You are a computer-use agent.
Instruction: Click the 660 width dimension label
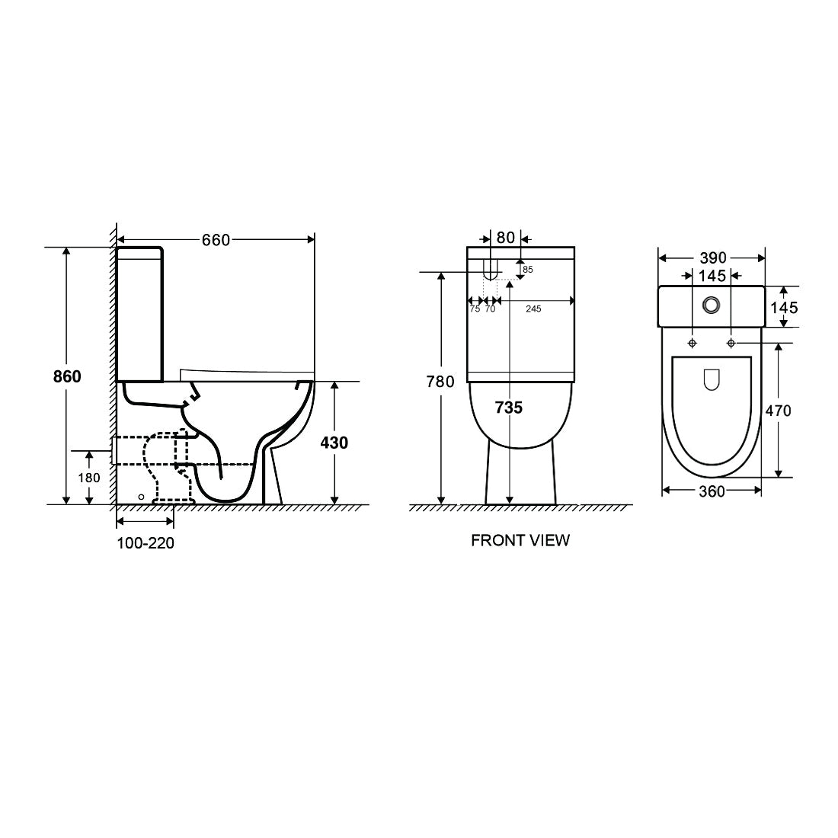click(x=216, y=241)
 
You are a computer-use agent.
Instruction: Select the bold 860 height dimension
click(x=67, y=377)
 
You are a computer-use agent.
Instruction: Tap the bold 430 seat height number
click(x=334, y=443)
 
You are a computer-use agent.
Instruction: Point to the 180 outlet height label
click(x=89, y=477)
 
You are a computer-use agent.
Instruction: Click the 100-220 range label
click(x=146, y=543)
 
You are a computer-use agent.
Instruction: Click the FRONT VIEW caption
click(x=520, y=540)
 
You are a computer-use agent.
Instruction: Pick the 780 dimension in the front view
click(x=440, y=382)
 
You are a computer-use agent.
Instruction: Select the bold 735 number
click(x=509, y=408)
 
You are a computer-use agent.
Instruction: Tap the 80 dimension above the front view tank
click(x=506, y=237)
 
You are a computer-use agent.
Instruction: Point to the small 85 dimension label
click(x=528, y=270)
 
